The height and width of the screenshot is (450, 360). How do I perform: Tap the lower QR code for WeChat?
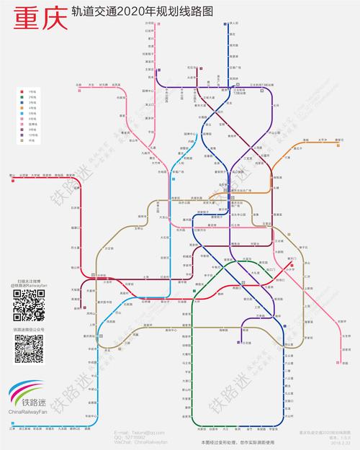(x=29, y=351)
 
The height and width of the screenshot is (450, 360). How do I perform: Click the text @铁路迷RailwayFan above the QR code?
(x=29, y=285)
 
